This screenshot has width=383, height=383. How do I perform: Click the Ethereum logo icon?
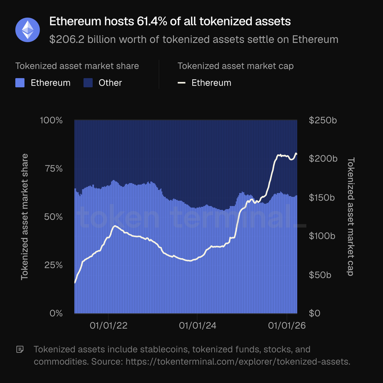(28, 30)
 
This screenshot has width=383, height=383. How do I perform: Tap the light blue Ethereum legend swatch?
(20, 83)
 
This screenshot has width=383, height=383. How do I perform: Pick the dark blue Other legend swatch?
(88, 83)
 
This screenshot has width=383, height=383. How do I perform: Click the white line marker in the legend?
(182, 83)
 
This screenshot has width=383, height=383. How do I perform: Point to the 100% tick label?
(51, 120)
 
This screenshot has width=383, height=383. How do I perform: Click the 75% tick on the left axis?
(53, 169)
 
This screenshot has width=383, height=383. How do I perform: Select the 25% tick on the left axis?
(53, 265)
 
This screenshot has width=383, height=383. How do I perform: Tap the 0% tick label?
(56, 314)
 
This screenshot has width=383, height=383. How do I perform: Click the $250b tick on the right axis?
(323, 120)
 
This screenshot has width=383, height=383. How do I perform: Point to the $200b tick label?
(323, 159)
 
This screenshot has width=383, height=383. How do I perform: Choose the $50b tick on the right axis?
(320, 275)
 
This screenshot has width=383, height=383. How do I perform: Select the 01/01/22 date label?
(109, 326)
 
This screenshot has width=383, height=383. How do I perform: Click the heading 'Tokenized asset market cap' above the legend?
(235, 66)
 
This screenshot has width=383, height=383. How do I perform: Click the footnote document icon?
(20, 350)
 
